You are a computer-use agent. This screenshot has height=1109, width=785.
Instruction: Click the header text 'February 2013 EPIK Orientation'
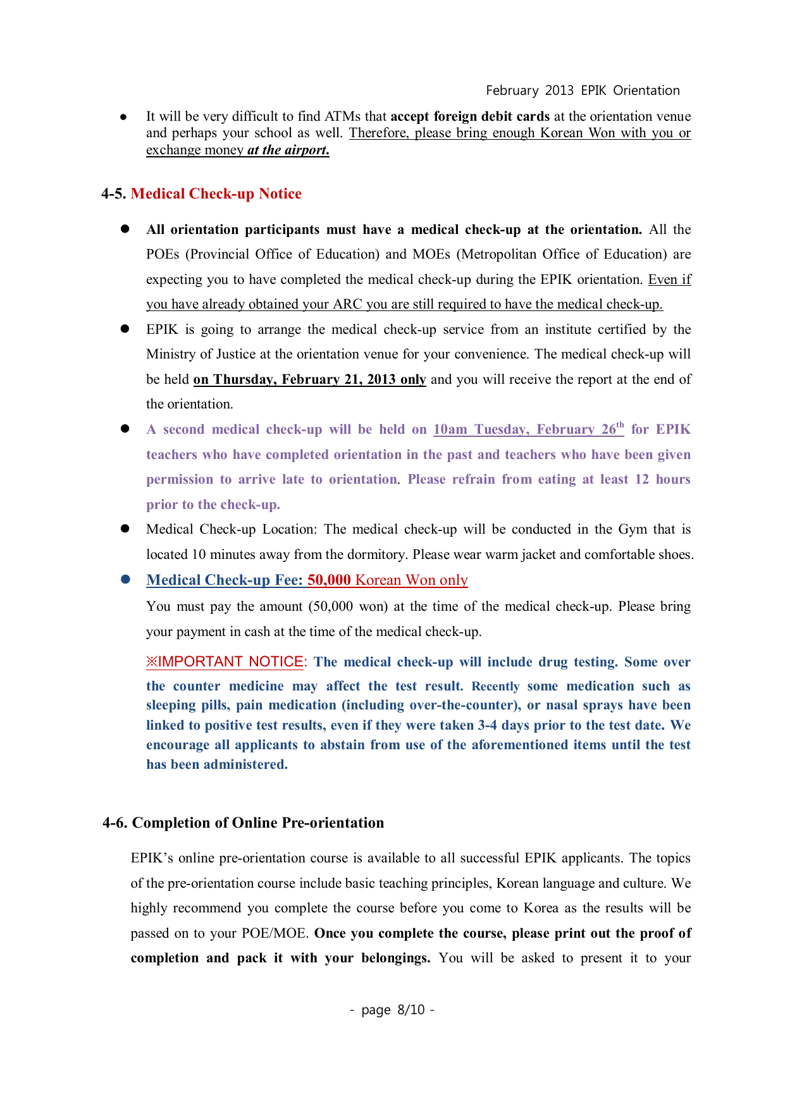583,90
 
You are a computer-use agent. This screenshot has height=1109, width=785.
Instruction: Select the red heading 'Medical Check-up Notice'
216,193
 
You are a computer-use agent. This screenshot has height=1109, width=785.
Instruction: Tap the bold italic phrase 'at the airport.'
288,150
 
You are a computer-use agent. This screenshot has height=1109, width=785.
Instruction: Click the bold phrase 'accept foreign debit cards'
470,116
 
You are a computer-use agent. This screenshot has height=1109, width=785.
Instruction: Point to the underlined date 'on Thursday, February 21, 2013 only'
309,379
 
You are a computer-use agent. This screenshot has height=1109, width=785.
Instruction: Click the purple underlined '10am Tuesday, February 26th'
528,429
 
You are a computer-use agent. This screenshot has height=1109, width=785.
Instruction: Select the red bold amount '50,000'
329,580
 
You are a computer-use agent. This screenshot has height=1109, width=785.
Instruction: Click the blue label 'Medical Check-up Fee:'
225,580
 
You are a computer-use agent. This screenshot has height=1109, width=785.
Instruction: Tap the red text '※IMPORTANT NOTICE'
225,662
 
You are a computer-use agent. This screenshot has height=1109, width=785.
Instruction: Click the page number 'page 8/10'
392,1010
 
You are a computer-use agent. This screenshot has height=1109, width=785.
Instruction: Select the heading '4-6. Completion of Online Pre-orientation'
244,823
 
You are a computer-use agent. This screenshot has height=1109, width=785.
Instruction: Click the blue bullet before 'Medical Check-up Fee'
125,580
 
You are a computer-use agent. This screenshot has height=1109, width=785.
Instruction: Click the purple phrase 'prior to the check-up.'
213,505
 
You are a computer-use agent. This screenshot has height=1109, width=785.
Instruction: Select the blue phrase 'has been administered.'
217,764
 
